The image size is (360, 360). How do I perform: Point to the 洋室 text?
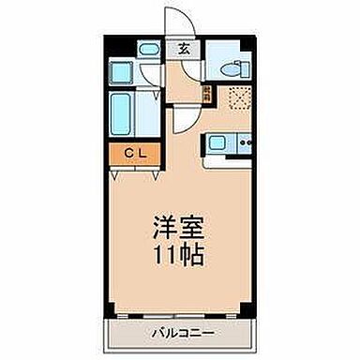[x=179, y=228]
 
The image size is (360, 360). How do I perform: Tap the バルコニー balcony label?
[x=179, y=333]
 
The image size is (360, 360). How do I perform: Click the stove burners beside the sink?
[x=246, y=143]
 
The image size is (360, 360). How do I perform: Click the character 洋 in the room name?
[x=163, y=228]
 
